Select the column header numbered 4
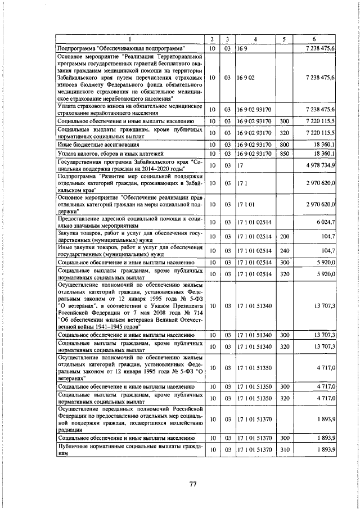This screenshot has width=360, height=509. [x=255, y=39]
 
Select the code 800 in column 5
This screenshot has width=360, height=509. [x=284, y=144]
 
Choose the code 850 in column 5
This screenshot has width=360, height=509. [x=284, y=153]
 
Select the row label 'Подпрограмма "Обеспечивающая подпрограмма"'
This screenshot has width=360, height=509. [x=121, y=49]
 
